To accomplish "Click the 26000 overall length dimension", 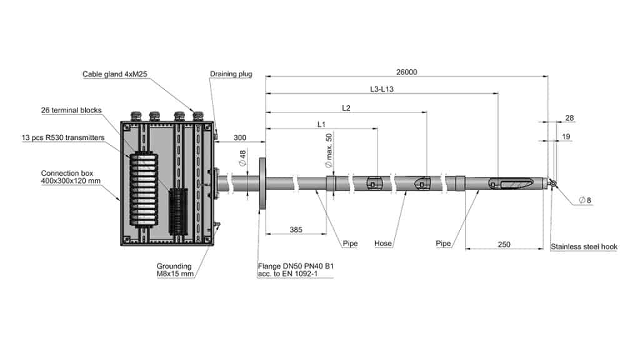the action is pyautogui.click(x=406, y=72).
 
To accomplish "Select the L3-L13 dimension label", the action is pyautogui.click(x=382, y=89).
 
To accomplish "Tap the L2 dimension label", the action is pyautogui.click(x=346, y=107).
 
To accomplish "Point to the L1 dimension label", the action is pyautogui.click(x=321, y=124).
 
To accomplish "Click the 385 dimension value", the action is pyautogui.click(x=296, y=230).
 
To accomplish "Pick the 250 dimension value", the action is pyautogui.click(x=504, y=244).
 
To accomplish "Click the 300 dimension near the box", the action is pyautogui.click(x=240, y=138).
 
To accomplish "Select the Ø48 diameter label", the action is pyautogui.click(x=242, y=158).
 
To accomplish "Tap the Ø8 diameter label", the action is pyautogui.click(x=585, y=201).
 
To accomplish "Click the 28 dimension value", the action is pyautogui.click(x=569, y=118).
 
